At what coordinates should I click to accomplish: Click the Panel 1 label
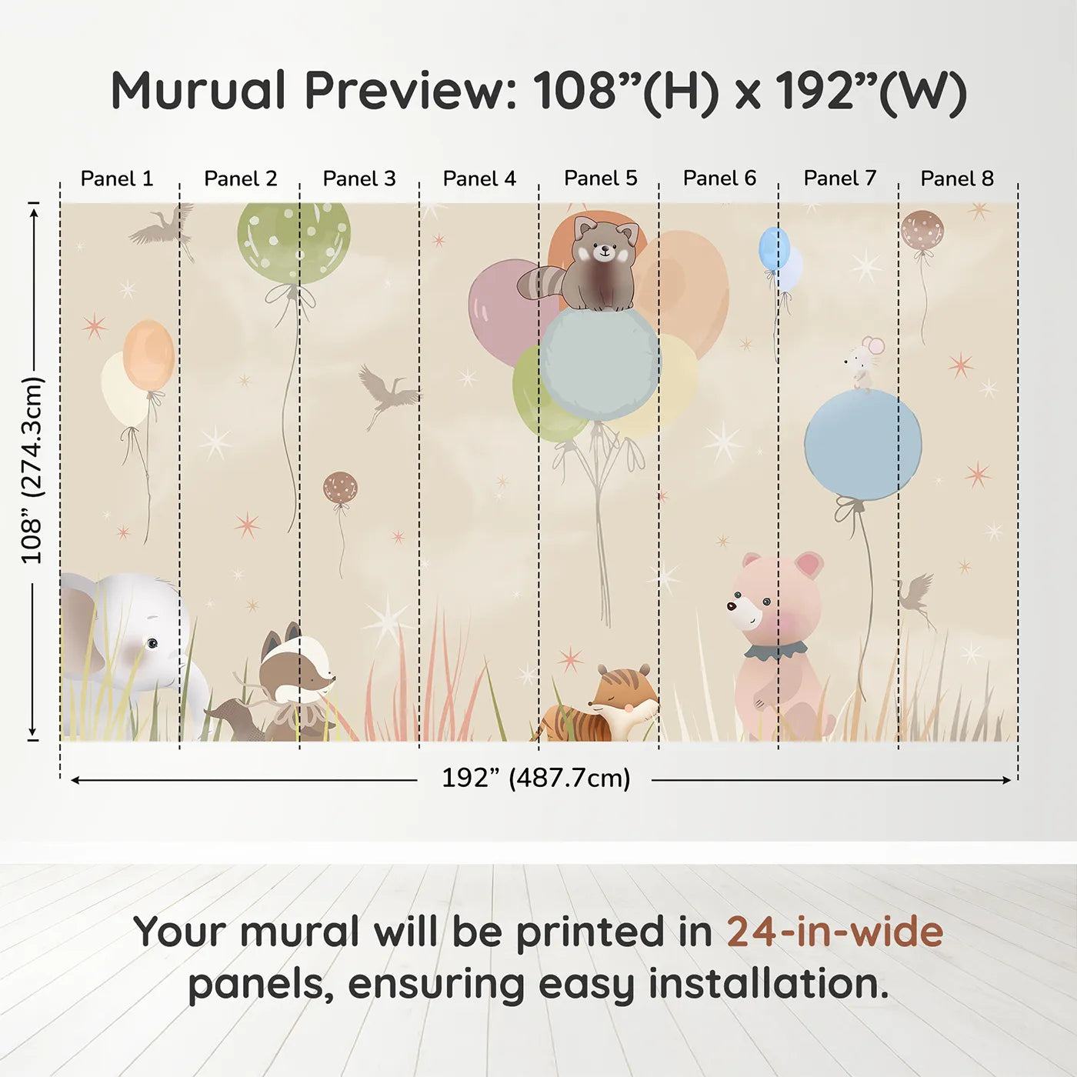(x=117, y=178)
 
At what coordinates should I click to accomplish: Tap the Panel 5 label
(x=600, y=178)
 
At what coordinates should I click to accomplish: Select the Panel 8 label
(x=957, y=178)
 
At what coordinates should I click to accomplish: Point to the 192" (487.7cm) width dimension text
(x=535, y=778)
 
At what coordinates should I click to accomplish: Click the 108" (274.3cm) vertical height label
(x=32, y=470)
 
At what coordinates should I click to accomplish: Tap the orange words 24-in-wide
(x=835, y=932)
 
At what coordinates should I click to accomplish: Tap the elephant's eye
(x=152, y=642)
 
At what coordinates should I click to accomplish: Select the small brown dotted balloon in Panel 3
(x=340, y=488)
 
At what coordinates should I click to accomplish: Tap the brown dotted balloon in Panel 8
(x=922, y=229)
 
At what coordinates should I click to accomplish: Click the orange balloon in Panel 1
(x=148, y=355)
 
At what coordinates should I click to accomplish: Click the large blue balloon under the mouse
(x=862, y=445)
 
